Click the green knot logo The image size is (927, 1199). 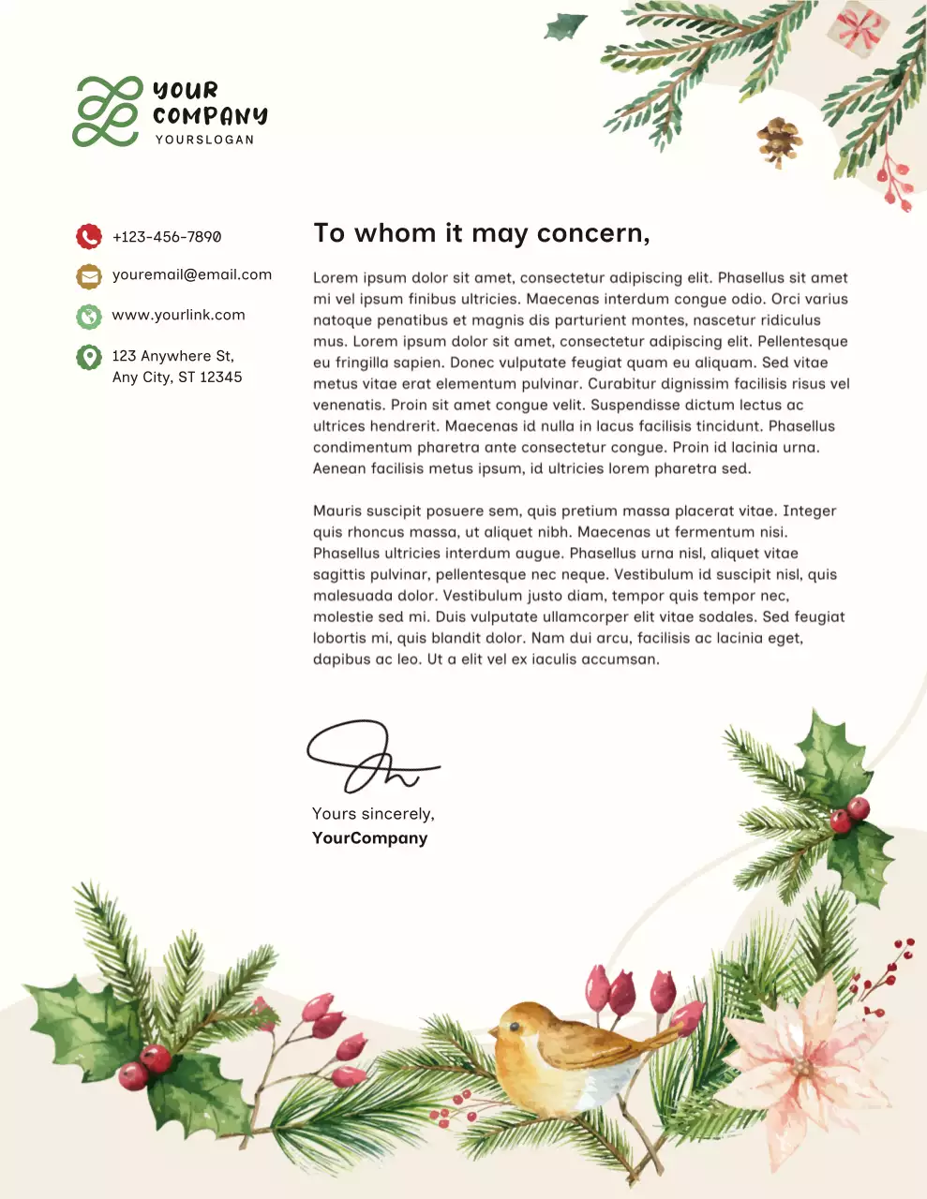point(108,111)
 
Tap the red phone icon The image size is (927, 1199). point(89,236)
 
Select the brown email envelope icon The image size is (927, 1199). point(89,276)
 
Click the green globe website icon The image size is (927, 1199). point(89,317)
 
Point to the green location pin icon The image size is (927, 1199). point(89,357)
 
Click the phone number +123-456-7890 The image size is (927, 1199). point(167,237)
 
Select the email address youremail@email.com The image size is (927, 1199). point(192,274)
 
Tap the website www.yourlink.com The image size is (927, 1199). point(178,315)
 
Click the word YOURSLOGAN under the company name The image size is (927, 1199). point(204,140)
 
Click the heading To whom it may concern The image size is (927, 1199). point(481,233)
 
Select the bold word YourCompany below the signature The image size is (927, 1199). point(369,838)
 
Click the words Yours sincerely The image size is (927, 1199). point(373,814)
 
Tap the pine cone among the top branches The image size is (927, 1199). point(778,141)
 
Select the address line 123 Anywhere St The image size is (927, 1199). point(173,356)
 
